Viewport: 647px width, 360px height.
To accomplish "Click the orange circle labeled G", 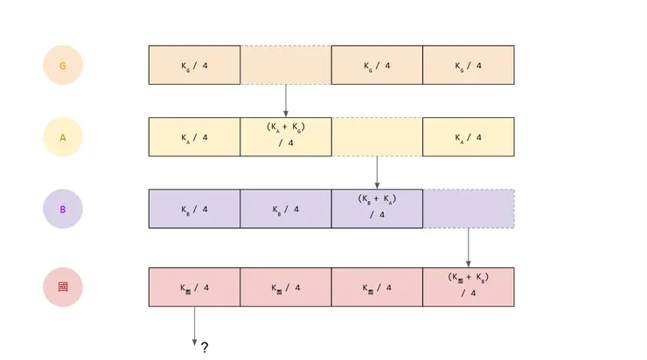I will point(62,66).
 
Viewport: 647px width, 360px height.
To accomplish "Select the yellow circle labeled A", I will point(62,137).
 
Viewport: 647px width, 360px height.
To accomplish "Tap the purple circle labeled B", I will point(62,210).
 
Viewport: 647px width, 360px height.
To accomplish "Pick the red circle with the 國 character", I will point(62,287).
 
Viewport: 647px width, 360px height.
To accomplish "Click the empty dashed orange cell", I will point(286,66).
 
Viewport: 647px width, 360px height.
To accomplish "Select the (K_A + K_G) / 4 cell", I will point(286,137).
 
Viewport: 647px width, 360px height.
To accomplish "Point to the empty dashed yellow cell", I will point(377,137).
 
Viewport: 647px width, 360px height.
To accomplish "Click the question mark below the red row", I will point(205,347).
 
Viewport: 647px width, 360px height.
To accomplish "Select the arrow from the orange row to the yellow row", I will point(286,100).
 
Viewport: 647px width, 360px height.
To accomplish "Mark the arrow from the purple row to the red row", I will point(469,248).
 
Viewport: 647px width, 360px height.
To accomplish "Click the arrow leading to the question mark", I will point(194,326).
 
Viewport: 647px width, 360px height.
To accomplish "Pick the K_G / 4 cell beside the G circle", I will point(194,66).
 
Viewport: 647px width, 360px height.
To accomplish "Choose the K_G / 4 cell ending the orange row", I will point(469,66).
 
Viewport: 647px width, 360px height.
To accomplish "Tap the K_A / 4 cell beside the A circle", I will point(194,137).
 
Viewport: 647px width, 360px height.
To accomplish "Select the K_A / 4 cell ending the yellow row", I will point(469,137).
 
